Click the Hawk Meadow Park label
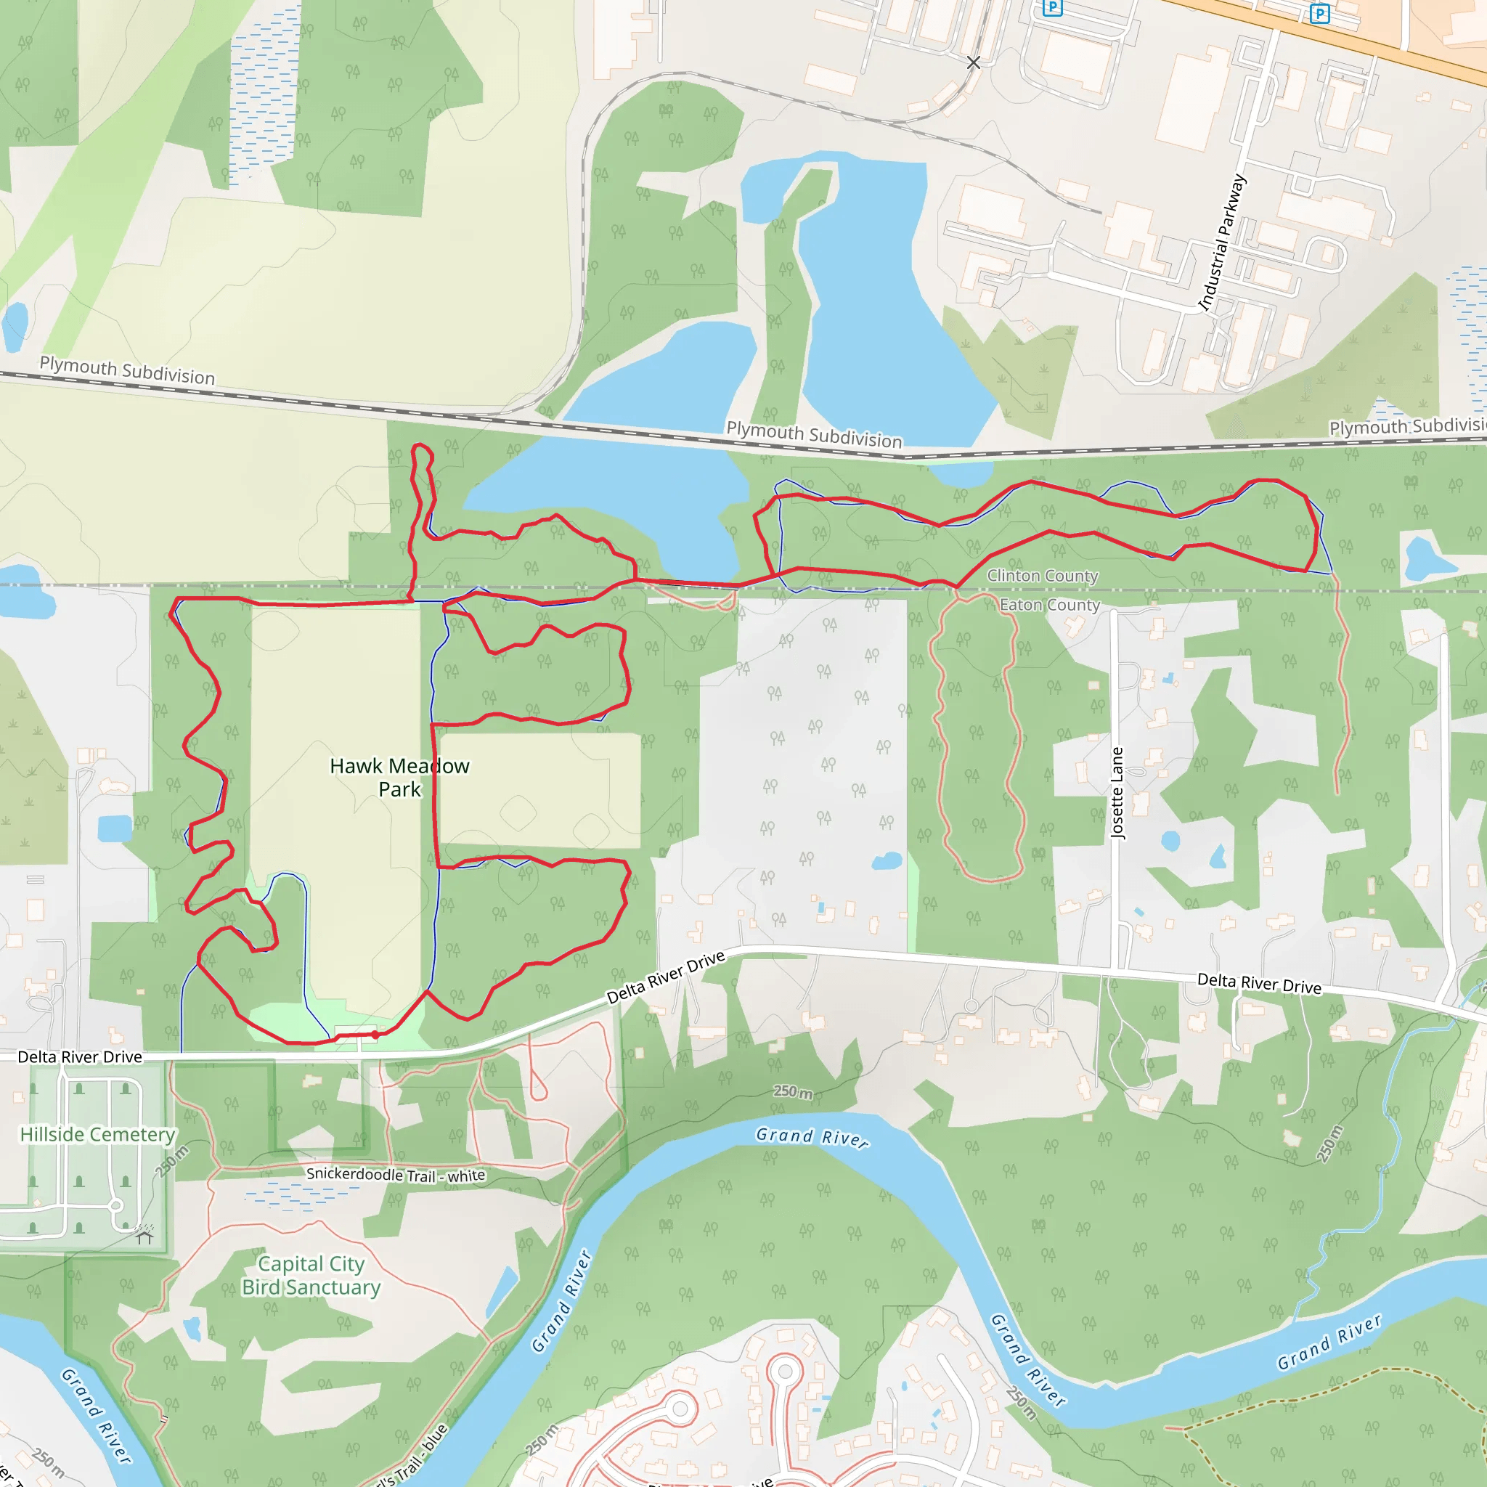pyautogui.click(x=399, y=777)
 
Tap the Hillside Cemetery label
pyautogui.click(x=98, y=1135)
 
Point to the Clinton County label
pyautogui.click(x=1042, y=576)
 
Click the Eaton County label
pyautogui.click(x=1049, y=605)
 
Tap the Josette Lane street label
pyautogui.click(x=1117, y=793)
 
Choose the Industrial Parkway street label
pyautogui.click(x=1221, y=243)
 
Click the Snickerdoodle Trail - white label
pyautogui.click(x=396, y=1175)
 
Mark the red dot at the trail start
pyautogui.click(x=375, y=1035)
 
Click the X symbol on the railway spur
pyautogui.click(x=974, y=62)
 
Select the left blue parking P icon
pyautogui.click(x=1052, y=8)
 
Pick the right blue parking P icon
pyautogui.click(x=1320, y=14)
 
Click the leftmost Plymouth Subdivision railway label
pyautogui.click(x=127, y=370)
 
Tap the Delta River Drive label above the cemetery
pyautogui.click(x=80, y=1056)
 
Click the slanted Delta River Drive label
pyautogui.click(x=666, y=977)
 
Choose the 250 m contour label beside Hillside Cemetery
pyautogui.click(x=171, y=1162)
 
